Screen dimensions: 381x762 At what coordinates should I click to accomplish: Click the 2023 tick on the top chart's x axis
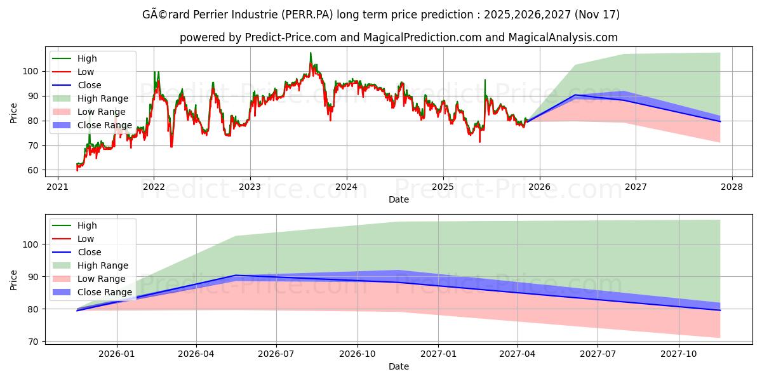tap(250, 187)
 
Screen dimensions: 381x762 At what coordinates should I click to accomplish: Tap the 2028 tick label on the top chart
tap(732, 187)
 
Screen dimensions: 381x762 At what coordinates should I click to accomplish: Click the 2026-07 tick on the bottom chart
tap(276, 354)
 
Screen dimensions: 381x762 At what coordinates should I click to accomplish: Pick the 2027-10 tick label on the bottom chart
tap(679, 354)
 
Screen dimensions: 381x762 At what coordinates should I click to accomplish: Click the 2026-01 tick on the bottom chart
tap(117, 354)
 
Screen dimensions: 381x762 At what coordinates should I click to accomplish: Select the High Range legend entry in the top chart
tap(102, 98)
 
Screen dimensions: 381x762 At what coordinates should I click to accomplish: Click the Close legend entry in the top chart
tap(89, 85)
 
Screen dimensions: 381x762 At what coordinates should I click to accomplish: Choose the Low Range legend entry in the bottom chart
tap(102, 279)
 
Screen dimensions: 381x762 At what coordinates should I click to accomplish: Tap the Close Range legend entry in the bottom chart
tap(104, 292)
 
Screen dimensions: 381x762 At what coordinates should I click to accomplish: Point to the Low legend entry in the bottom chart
tap(86, 239)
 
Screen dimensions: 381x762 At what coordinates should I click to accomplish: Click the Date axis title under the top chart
tap(398, 199)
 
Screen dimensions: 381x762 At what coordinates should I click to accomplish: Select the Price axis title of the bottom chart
tap(14, 279)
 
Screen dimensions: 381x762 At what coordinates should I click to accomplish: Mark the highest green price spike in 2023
tap(311, 53)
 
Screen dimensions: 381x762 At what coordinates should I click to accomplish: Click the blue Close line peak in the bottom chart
tap(236, 275)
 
